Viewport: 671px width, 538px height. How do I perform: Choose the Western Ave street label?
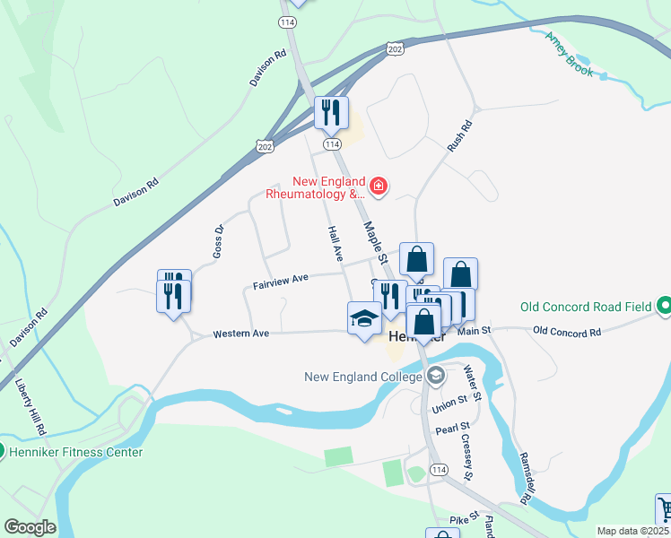pyautogui.click(x=240, y=334)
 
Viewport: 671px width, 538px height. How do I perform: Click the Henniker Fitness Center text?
pyautogui.click(x=75, y=452)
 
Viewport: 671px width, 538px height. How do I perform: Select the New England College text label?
pyautogui.click(x=363, y=377)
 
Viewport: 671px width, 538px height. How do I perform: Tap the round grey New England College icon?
pyautogui.click(x=436, y=376)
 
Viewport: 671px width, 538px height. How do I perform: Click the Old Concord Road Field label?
pyautogui.click(x=587, y=307)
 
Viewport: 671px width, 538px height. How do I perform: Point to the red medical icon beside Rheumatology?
pyautogui.click(x=379, y=187)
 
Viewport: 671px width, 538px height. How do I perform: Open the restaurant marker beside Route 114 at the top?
pyautogui.click(x=331, y=113)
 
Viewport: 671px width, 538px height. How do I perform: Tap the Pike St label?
pyautogui.click(x=459, y=520)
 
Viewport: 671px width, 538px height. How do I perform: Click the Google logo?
pyautogui.click(x=30, y=527)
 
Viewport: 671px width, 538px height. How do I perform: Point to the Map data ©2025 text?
pyautogui.click(x=632, y=531)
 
